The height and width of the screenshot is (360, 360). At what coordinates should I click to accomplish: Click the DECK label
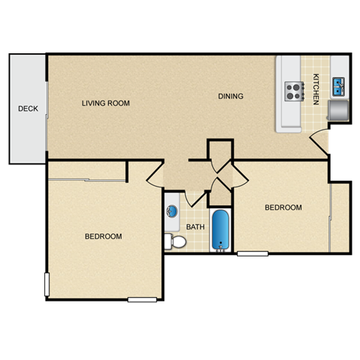pyautogui.click(x=28, y=109)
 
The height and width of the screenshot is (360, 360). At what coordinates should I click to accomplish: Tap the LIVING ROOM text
pyautogui.click(x=106, y=103)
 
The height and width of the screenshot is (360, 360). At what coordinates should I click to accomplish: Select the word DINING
pyautogui.click(x=231, y=96)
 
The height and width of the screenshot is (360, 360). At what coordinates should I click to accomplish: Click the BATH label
pyautogui.click(x=195, y=227)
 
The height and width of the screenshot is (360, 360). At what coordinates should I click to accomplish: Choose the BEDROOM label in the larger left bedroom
pyautogui.click(x=103, y=236)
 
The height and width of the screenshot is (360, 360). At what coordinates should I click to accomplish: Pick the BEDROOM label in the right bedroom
pyautogui.click(x=283, y=208)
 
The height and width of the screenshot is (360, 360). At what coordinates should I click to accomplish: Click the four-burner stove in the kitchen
pyautogui.click(x=294, y=92)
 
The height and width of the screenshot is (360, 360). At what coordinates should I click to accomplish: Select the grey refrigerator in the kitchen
pyautogui.click(x=338, y=111)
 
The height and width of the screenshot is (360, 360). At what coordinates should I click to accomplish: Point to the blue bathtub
pyautogui.click(x=220, y=231)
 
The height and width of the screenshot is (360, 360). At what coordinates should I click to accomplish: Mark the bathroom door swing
pyautogui.click(x=196, y=197)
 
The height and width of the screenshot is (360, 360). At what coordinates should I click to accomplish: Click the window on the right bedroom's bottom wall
pyautogui.click(x=253, y=253)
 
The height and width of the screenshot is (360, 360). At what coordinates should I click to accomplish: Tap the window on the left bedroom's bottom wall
pyautogui.click(x=142, y=299)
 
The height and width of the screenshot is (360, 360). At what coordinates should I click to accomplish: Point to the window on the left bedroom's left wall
pyautogui.click(x=48, y=284)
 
